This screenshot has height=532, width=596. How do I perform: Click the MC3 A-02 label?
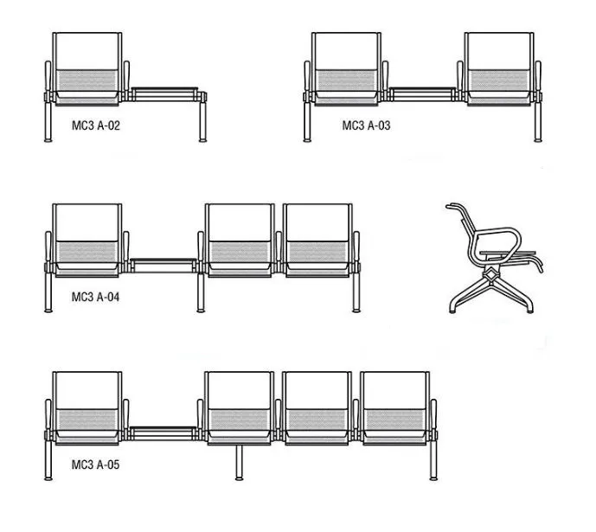coord(96,125)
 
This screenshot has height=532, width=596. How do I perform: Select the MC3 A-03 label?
coord(366,125)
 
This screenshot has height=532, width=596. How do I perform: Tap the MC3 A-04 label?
coord(95,297)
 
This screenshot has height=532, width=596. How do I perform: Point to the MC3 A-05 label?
coord(95,465)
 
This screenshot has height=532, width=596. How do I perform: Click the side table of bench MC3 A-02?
coord(165,94)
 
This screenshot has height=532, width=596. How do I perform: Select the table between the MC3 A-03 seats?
coord(422,94)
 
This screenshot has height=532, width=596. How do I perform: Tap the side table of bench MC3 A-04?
coord(163,266)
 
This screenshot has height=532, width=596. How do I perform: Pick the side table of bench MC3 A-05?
coord(163,433)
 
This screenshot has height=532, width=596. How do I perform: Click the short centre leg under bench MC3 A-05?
coord(239,463)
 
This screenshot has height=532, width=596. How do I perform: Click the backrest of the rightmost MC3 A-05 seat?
coord(394,391)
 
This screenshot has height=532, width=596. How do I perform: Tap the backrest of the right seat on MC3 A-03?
coord(499,51)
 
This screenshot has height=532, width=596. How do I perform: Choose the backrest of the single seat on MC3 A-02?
coord(87,51)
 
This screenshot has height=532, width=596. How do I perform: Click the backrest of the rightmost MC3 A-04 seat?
coord(317,223)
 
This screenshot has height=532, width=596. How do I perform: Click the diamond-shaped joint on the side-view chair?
coord(491,274)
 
